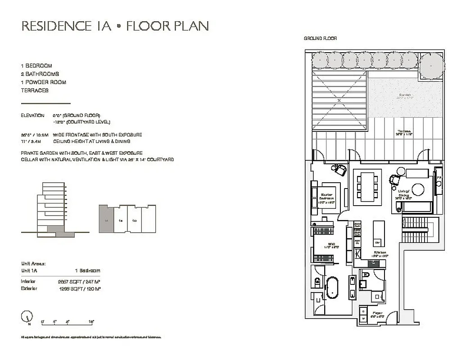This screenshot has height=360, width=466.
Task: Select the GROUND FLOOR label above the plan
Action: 320,39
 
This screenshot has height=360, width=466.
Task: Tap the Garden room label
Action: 405,96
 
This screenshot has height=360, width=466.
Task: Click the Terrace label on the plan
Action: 404,132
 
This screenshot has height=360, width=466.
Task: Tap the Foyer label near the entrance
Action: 377,314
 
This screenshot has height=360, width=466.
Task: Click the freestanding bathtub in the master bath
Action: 333,288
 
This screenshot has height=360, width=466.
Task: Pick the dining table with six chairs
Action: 366,186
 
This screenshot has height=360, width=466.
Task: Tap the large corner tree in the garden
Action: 432,65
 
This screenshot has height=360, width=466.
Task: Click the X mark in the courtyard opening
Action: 339,100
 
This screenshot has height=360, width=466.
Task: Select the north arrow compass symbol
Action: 27,317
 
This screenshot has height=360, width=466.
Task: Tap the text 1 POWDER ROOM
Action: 43,82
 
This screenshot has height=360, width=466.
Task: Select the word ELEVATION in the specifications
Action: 32,116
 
